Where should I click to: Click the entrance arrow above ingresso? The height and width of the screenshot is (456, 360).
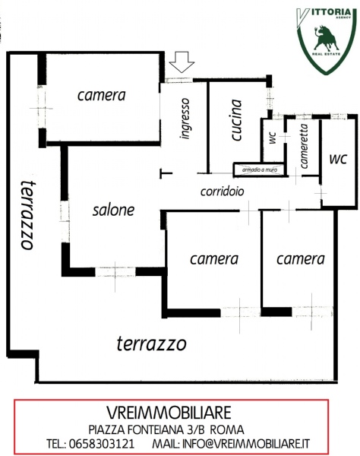coord(182,62)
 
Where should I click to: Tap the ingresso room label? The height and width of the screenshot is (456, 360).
coord(185,119)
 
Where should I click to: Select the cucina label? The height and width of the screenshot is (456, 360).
coord(236,120)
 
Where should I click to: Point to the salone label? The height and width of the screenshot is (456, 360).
coord(114,210)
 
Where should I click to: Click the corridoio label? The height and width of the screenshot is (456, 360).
coord(223,192)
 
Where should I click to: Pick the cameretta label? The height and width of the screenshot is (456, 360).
coord(304,146)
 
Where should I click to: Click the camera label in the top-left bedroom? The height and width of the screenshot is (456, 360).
coord(102,95)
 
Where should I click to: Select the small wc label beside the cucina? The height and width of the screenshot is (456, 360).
coord(273,138)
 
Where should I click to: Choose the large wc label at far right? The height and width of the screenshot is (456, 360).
coord(338,159)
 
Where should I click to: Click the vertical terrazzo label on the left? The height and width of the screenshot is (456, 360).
coord(28,214)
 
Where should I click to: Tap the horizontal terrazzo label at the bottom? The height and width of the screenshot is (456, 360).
coord(151,344)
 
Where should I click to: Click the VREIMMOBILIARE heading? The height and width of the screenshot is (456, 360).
coord(169,413)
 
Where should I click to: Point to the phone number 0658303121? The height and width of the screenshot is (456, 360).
coord(102,444)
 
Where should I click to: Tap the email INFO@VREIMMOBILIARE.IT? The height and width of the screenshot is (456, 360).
coord(246,444)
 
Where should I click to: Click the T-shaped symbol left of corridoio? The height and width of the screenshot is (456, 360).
coord(166,173)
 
